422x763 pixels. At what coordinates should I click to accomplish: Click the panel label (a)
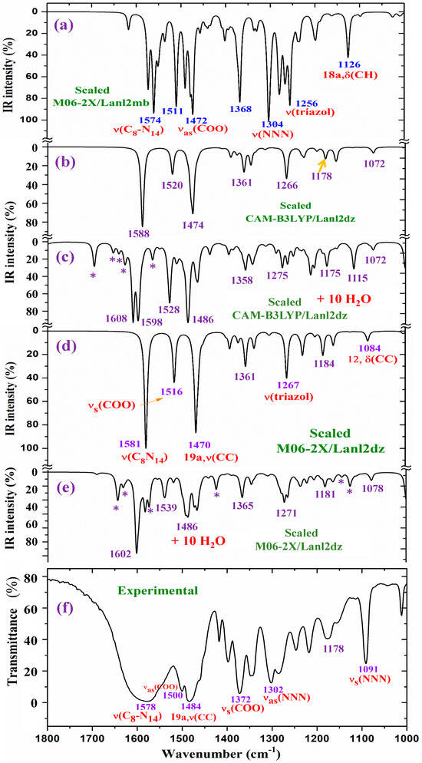click(65, 24)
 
